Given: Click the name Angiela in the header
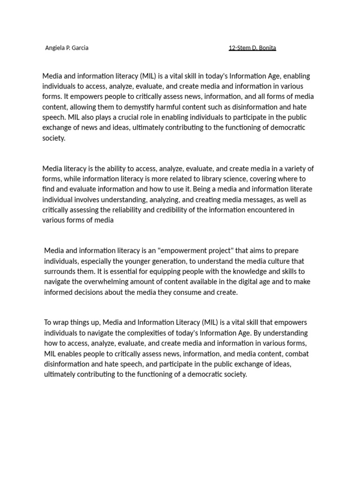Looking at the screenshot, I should pyautogui.click(x=54, y=48).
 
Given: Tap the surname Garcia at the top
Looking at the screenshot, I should pyautogui.click(x=80, y=48).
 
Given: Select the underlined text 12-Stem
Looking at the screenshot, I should pyautogui.click(x=240, y=48).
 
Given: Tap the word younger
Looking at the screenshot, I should pyautogui.click(x=139, y=261).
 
